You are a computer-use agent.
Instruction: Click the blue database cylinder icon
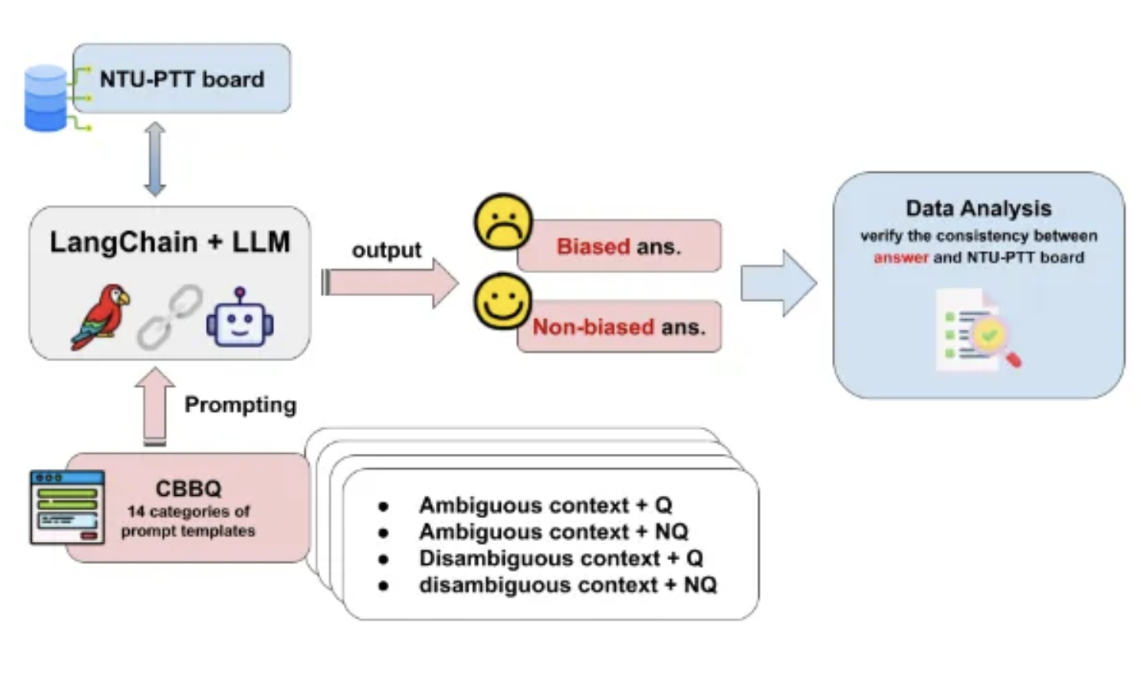(45, 98)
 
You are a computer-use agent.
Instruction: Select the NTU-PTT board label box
(182, 79)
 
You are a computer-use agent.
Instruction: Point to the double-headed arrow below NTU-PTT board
(155, 159)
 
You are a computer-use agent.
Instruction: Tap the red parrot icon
(101, 317)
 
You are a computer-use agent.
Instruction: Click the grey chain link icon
(169, 318)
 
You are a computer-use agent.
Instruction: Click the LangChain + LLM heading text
(170, 242)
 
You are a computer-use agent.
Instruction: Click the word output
(387, 250)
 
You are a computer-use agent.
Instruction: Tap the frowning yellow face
(503, 223)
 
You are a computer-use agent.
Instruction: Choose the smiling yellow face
(503, 302)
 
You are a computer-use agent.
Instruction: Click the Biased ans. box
(619, 246)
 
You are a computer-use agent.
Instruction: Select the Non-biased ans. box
(619, 326)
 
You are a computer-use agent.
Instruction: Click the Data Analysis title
(979, 208)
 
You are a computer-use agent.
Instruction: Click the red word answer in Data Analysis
(901, 257)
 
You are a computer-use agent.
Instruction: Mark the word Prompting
(240, 405)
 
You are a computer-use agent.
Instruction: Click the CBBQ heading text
(189, 489)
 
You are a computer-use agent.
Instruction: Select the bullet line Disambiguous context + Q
(561, 558)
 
